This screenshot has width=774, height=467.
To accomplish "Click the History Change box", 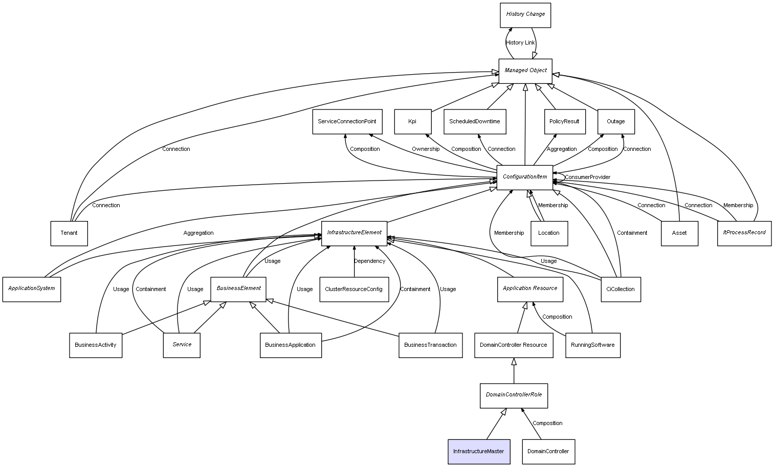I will pyautogui.click(x=525, y=15).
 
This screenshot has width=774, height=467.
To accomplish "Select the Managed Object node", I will pyautogui.click(x=525, y=71).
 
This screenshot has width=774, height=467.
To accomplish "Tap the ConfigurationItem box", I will pyautogui.click(x=525, y=177).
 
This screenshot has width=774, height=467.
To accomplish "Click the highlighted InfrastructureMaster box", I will pyautogui.click(x=479, y=451).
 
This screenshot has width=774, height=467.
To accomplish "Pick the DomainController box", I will pyautogui.click(x=548, y=451).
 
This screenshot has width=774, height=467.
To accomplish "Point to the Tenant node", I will pyautogui.click(x=69, y=233).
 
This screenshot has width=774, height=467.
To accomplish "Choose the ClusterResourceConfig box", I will pyautogui.click(x=353, y=289).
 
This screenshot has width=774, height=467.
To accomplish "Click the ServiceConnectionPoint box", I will pyautogui.click(x=347, y=122).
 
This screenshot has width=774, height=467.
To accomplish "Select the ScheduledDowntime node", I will pyautogui.click(x=475, y=122).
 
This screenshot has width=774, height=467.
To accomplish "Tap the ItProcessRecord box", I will pyautogui.click(x=744, y=233).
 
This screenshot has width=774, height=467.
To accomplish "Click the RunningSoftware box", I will pyautogui.click(x=592, y=345).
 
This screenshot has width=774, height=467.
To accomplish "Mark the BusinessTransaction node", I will pyautogui.click(x=430, y=345).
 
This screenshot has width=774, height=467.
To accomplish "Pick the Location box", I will pyautogui.click(x=549, y=233).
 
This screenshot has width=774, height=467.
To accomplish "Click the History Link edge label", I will pyautogui.click(x=520, y=43).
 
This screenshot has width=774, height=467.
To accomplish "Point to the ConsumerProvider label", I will pyautogui.click(x=587, y=177).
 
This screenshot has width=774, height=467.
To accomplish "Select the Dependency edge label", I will pyautogui.click(x=369, y=261).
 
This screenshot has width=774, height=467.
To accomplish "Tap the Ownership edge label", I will pyautogui.click(x=426, y=149).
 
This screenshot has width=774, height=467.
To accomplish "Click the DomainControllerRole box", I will pyautogui.click(x=514, y=395).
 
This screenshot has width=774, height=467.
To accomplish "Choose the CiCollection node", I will pyautogui.click(x=621, y=289).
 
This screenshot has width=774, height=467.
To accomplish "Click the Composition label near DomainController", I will pyautogui.click(x=547, y=424).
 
